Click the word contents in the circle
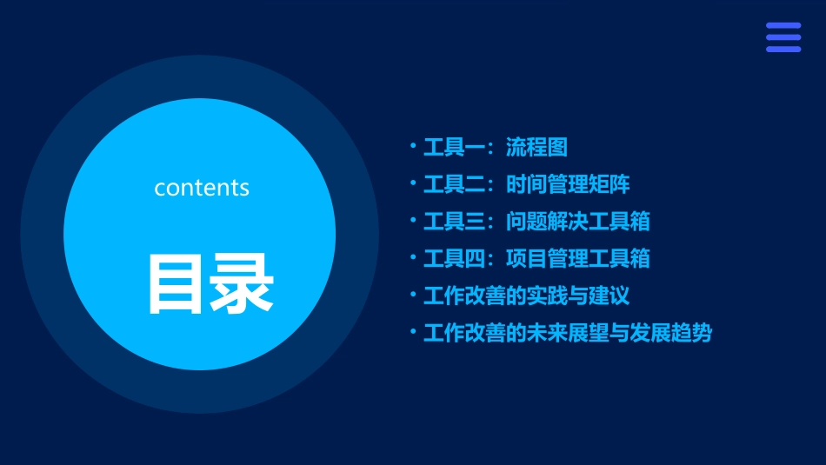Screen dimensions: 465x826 [x=202, y=188]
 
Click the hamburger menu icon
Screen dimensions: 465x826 [x=783, y=37]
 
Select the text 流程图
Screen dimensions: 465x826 [x=537, y=148]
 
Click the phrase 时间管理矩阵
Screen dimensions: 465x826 [x=569, y=185]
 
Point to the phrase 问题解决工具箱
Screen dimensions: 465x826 [x=578, y=222]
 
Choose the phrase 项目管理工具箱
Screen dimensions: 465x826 [x=578, y=259]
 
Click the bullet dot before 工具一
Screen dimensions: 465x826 [x=414, y=146]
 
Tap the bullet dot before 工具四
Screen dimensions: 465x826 [x=414, y=257]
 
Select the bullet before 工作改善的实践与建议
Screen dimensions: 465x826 [x=414, y=295]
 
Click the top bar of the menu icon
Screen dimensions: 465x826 [x=783, y=26]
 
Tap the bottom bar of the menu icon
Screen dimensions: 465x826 [x=783, y=49]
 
